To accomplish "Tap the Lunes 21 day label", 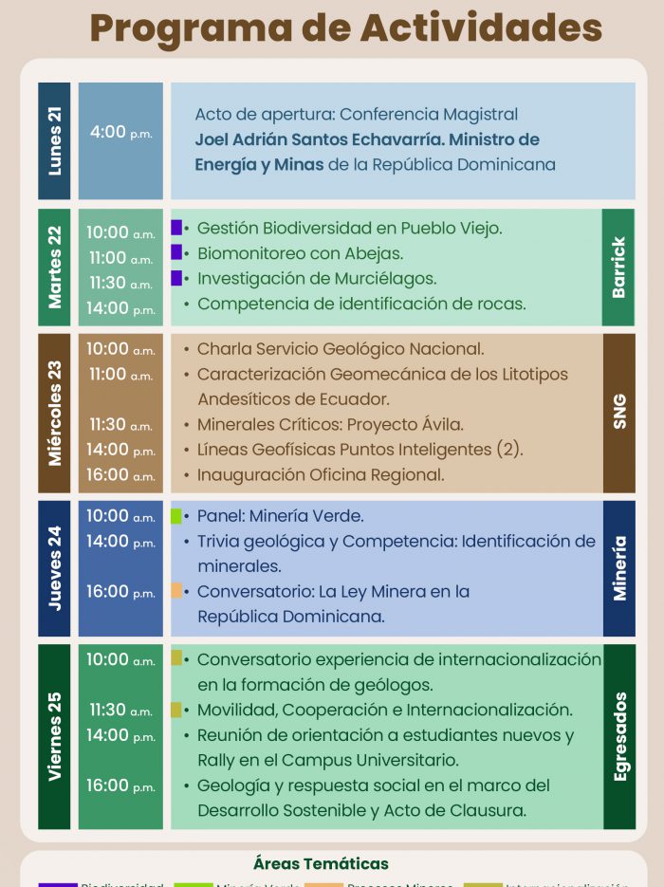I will click(54, 140).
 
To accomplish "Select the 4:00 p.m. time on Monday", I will click(120, 133).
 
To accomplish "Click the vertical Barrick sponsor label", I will click(618, 268).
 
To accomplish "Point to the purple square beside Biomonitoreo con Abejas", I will click(176, 252).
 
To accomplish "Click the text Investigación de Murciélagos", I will click(316, 279).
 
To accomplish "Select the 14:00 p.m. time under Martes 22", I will click(120, 308).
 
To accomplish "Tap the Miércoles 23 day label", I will click(54, 413).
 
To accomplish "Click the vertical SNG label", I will click(618, 413).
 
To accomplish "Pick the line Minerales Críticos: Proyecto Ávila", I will click(330, 424).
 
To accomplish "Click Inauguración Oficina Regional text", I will click(321, 474).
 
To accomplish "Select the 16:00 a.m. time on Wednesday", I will click(120, 474).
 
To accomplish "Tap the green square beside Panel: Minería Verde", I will click(176, 516).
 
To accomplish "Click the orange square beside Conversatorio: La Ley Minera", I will click(176, 591).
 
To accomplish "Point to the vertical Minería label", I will click(618, 567).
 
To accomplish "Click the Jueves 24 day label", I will click(54, 567).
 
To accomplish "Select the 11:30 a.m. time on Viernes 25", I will click(120, 710).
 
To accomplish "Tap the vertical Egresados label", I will click(618, 736).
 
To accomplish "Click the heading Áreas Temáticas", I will click(321, 863).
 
